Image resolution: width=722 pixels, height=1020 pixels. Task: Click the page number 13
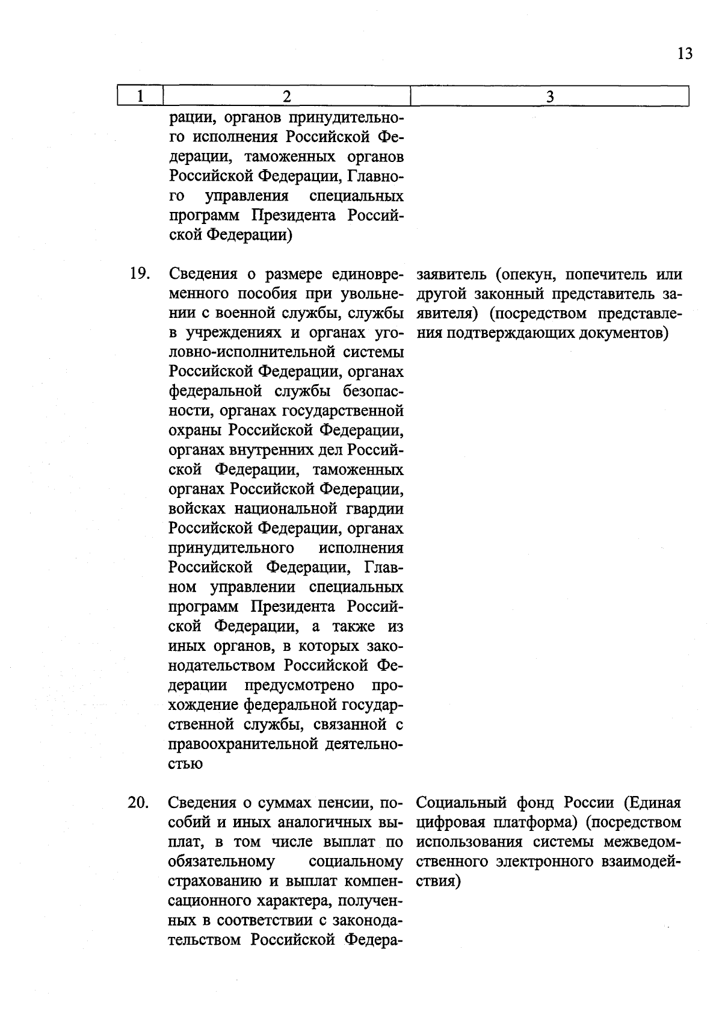pyautogui.click(x=685, y=54)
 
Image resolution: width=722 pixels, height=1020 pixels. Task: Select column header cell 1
pyautogui.click(x=140, y=96)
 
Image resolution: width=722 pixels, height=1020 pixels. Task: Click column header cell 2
pyautogui.click(x=286, y=96)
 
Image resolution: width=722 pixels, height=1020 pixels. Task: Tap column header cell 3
pyautogui.click(x=549, y=96)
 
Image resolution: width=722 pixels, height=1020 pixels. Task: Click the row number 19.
pyautogui.click(x=139, y=274)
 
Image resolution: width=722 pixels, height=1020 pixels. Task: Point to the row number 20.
pyautogui.click(x=139, y=803)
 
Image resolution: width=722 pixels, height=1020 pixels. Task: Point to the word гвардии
pyautogui.click(x=375, y=509)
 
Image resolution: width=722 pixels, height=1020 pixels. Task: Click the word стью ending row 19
pyautogui.click(x=185, y=765)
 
